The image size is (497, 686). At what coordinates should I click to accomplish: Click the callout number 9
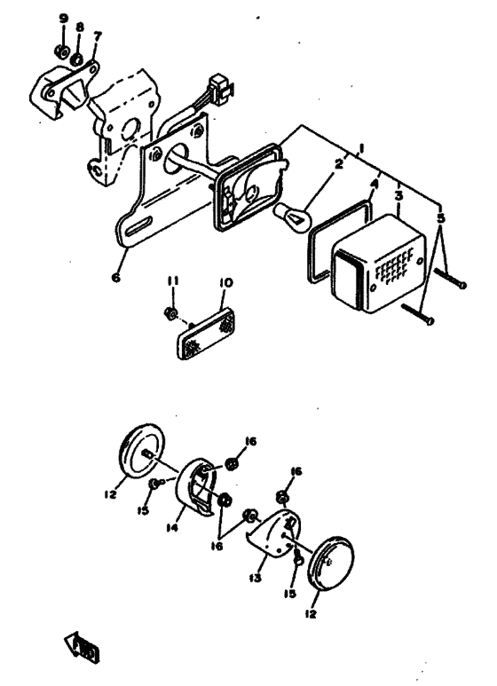tap(62, 18)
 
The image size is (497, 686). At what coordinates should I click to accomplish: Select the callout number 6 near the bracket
tap(115, 277)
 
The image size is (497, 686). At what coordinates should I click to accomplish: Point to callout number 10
tap(225, 282)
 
